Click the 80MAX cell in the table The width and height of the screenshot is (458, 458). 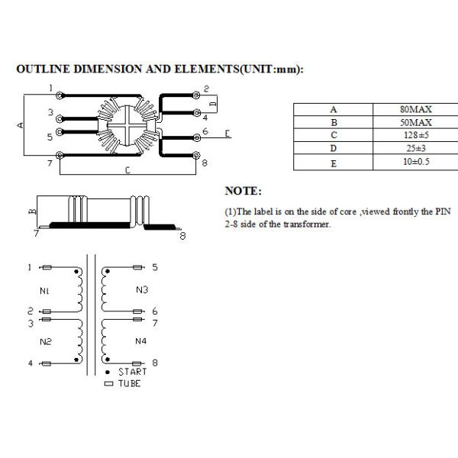[416, 109]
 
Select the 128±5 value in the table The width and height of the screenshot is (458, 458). [416, 135]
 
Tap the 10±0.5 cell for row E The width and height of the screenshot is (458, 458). [416, 162]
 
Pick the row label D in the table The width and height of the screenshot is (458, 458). [334, 148]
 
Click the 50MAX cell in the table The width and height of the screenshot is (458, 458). [416, 122]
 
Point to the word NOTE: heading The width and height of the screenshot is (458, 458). [244, 191]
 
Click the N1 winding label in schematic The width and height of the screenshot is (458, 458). [44, 291]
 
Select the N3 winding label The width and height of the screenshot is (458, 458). [142, 290]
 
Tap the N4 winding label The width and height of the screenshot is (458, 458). [140, 341]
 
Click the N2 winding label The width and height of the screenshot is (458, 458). [46, 341]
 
